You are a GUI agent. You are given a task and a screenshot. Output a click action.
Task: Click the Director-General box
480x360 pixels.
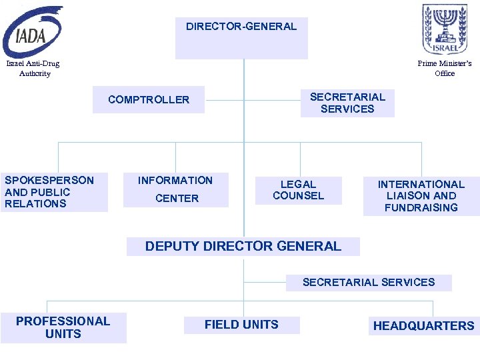241,37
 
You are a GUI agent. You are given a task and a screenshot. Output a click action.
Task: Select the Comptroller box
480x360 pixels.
149,100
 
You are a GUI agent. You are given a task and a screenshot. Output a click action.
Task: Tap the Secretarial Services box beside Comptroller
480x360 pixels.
347,103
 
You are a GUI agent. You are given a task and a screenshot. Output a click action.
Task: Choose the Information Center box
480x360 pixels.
176,189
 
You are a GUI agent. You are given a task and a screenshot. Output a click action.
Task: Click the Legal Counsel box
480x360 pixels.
298,190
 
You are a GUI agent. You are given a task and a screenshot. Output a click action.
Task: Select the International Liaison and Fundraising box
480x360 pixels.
421,196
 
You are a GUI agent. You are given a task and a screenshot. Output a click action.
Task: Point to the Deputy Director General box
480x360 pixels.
243,246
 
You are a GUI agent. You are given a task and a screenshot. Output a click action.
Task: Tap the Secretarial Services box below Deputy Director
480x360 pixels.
369,282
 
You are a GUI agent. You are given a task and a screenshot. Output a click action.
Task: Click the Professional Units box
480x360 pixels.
63,327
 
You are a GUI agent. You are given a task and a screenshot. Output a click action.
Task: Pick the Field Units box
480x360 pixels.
242,325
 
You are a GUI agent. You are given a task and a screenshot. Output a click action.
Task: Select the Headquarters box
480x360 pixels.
423,326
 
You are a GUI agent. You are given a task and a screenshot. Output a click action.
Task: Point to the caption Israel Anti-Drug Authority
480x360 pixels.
33,69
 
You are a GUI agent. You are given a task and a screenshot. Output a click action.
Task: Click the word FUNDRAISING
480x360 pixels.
421,207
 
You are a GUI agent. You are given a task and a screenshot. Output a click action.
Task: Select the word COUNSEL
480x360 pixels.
298,196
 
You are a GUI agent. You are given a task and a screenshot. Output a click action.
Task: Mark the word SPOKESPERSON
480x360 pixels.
49,180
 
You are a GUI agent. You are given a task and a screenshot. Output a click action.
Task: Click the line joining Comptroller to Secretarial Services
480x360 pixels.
253,101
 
